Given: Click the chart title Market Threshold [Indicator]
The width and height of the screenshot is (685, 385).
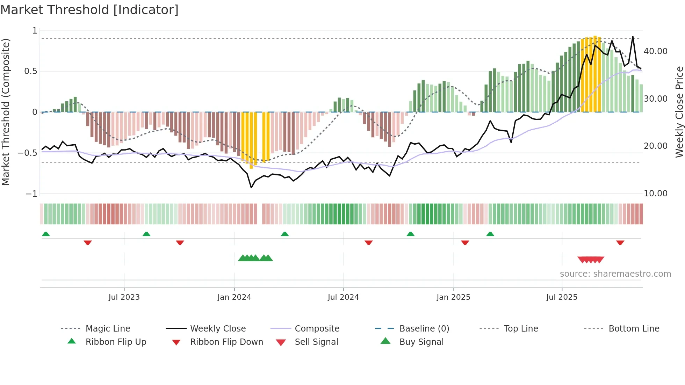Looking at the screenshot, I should (89, 10).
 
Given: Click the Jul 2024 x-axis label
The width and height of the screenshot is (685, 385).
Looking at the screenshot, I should (343, 297).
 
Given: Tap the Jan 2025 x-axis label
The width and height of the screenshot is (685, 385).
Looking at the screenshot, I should (453, 297).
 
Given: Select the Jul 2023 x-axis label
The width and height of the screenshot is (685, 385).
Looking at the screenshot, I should (124, 297).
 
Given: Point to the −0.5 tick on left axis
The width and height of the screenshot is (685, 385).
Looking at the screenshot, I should (28, 153).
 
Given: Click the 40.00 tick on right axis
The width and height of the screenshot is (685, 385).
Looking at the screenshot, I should (655, 51).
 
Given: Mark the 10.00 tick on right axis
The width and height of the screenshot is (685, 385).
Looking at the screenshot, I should (655, 193).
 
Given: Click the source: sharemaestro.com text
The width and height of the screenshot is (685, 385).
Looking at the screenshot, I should (615, 274).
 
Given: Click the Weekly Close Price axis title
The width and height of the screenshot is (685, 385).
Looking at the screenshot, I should (679, 112).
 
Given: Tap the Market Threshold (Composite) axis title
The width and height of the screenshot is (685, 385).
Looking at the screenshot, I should (6, 112).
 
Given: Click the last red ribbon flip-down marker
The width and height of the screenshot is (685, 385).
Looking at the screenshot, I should (620, 242).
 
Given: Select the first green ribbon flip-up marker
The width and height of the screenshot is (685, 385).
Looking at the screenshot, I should (46, 234).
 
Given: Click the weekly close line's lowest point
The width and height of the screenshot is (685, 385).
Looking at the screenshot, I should (251, 188).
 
